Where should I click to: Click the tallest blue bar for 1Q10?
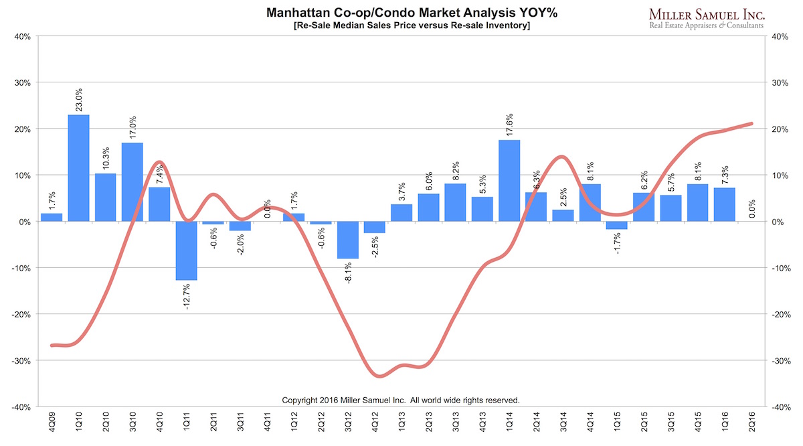coord(79,168)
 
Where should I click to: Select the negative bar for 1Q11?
coord(187,250)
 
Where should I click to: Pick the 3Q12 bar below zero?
coord(348,240)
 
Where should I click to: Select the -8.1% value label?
coord(348,273)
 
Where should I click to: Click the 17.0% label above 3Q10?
coord(132,127)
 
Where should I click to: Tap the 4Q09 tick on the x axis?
coord(52,425)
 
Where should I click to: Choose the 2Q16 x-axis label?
coord(751,425)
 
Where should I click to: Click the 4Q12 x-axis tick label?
coord(375,425)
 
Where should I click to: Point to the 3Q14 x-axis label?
coord(563,425)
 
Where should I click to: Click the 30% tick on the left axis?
coord(22,83)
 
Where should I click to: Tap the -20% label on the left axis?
coord(21,314)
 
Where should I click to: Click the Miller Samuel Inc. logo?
coord(707,18)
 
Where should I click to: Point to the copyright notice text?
coord(401,400)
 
